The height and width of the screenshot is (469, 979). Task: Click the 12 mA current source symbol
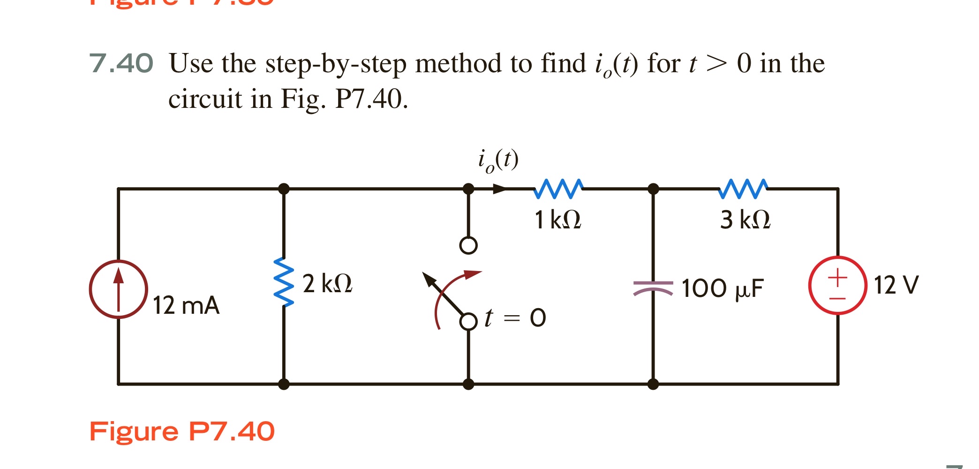(x=119, y=289)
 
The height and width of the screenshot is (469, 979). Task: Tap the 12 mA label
(x=186, y=305)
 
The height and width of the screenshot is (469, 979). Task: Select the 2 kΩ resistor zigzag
(x=284, y=281)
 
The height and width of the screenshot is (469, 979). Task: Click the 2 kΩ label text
(x=327, y=284)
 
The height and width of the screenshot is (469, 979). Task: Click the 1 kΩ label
(x=558, y=219)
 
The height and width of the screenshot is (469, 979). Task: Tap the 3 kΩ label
(x=745, y=219)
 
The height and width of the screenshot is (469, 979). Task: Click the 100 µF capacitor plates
(x=653, y=287)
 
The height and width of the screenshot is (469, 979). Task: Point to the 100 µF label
(x=723, y=288)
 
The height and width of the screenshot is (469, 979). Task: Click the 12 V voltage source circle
(x=837, y=285)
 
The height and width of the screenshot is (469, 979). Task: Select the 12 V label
(x=896, y=285)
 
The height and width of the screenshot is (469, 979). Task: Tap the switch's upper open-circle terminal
(x=468, y=245)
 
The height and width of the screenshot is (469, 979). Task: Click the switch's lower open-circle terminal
(x=468, y=322)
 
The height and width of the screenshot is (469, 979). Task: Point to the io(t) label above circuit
(x=498, y=160)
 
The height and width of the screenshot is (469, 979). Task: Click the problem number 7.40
(x=121, y=63)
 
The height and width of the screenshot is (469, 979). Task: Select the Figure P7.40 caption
(x=182, y=431)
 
